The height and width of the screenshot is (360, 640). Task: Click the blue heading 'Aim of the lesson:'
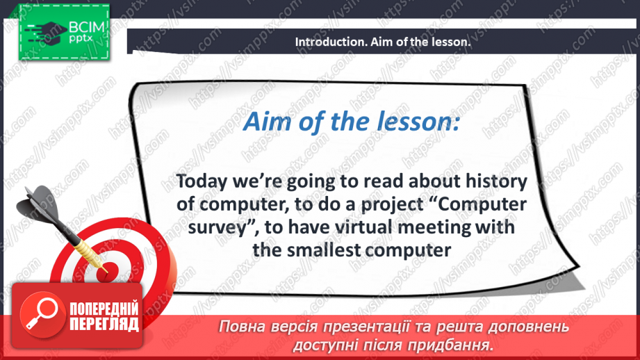[351, 123]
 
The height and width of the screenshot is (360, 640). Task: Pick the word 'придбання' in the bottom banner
[459, 344]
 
